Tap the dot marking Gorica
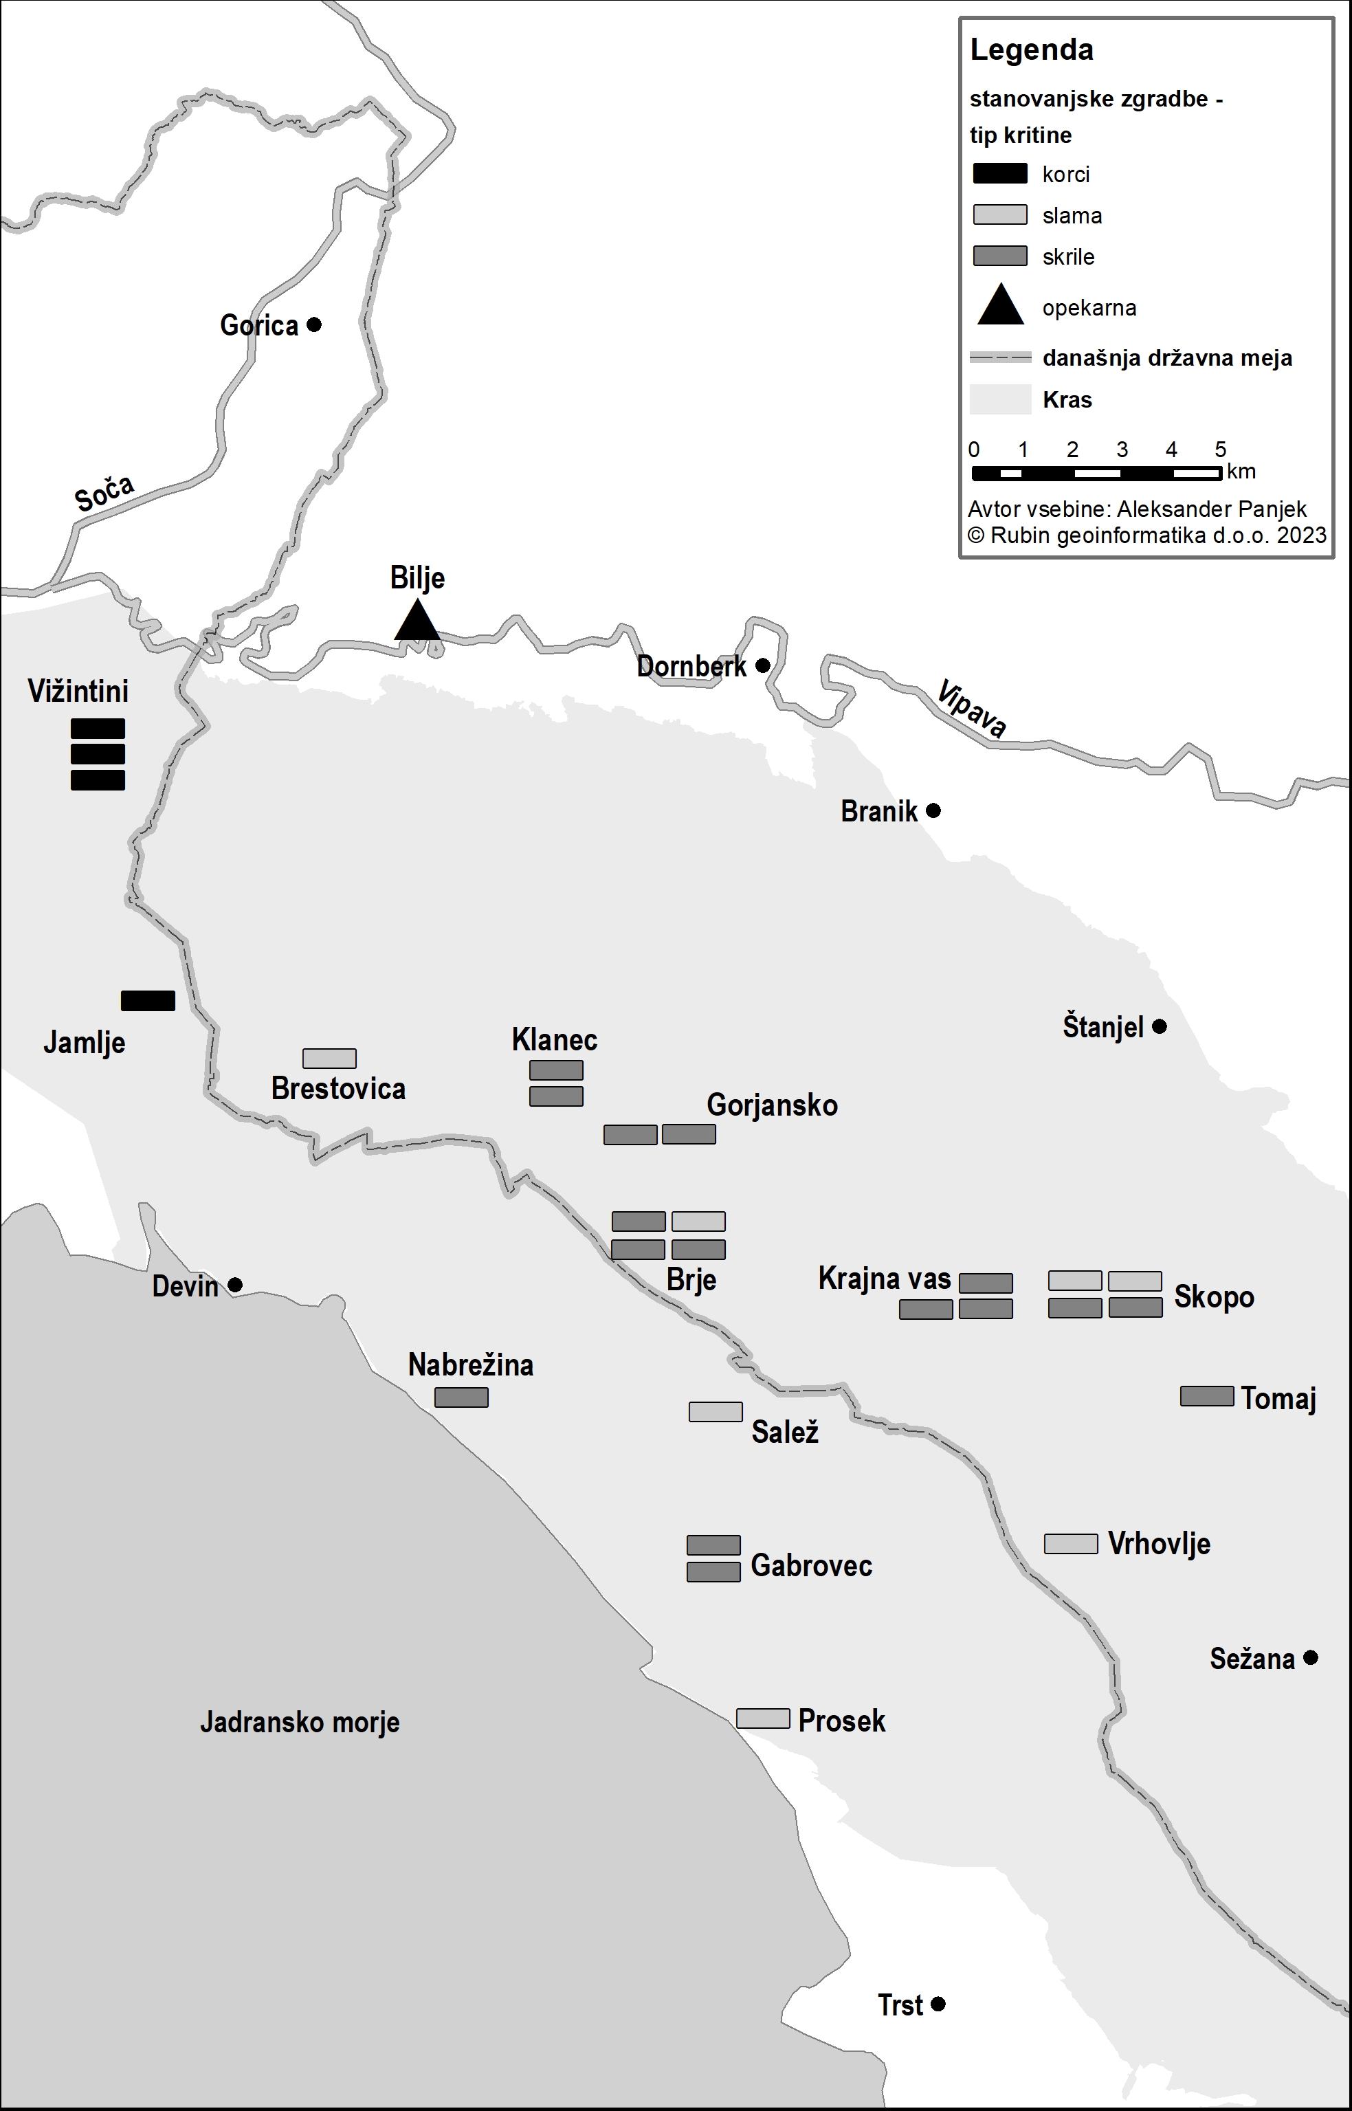point(314,324)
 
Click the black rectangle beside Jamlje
point(148,1001)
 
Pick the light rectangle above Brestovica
point(329,1058)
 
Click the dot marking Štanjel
point(1159,1026)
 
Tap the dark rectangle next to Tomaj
point(1206,1395)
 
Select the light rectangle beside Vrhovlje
point(1070,1543)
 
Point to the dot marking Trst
point(938,2004)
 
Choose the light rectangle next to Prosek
point(762,1718)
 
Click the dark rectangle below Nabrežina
point(461,1397)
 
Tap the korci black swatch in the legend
point(1000,173)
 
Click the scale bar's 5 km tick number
point(1220,450)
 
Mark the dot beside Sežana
point(1310,1657)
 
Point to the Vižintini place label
point(78,691)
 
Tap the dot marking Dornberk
point(763,665)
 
